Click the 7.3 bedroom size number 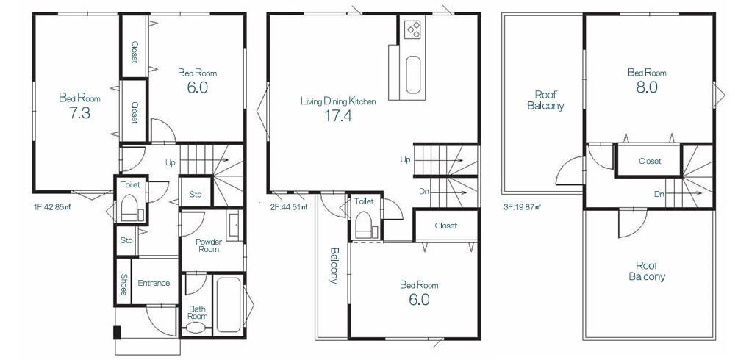[x=79, y=114]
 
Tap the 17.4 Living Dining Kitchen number [x=338, y=116]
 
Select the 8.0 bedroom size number [x=648, y=87]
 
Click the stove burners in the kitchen [x=412, y=29]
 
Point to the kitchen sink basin [x=412, y=75]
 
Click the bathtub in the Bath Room [x=229, y=305]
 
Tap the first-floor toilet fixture [x=129, y=209]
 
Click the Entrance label [x=154, y=283]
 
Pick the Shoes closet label [x=123, y=284]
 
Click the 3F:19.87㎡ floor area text [x=522, y=207]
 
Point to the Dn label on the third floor [x=659, y=194]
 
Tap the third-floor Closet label [x=650, y=162]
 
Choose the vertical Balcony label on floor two [x=334, y=265]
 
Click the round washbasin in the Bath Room [x=196, y=328]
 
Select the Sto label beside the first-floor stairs [x=196, y=194]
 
